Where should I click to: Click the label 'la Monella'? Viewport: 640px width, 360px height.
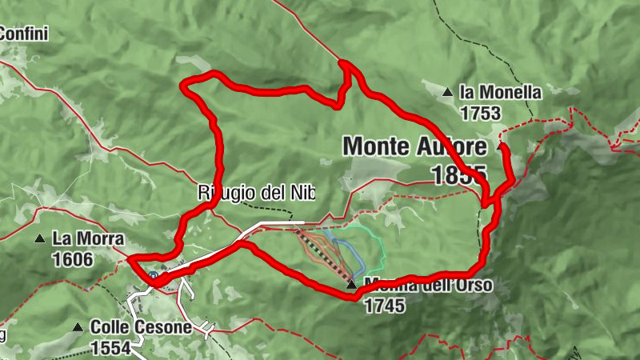pyautogui.click(x=501, y=93)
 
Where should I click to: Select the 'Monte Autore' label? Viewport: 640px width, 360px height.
pyautogui.click(x=414, y=146)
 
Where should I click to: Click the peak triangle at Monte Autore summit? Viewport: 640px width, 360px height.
pyautogui.click(x=501, y=146)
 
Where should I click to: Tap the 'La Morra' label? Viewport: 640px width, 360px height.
pyautogui.click(x=88, y=238)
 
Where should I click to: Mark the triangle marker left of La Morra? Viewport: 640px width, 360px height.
pyautogui.click(x=39, y=238)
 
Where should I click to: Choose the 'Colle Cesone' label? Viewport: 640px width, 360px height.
pyautogui.click(x=141, y=327)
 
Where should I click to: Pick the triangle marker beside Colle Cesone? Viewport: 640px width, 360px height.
pyautogui.click(x=78, y=326)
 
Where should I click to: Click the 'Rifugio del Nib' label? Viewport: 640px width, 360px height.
pyautogui.click(x=256, y=193)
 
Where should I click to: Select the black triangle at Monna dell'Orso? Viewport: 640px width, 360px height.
pyautogui.click(x=350, y=284)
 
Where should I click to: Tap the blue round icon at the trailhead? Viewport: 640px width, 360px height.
pyautogui.click(x=152, y=274)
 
